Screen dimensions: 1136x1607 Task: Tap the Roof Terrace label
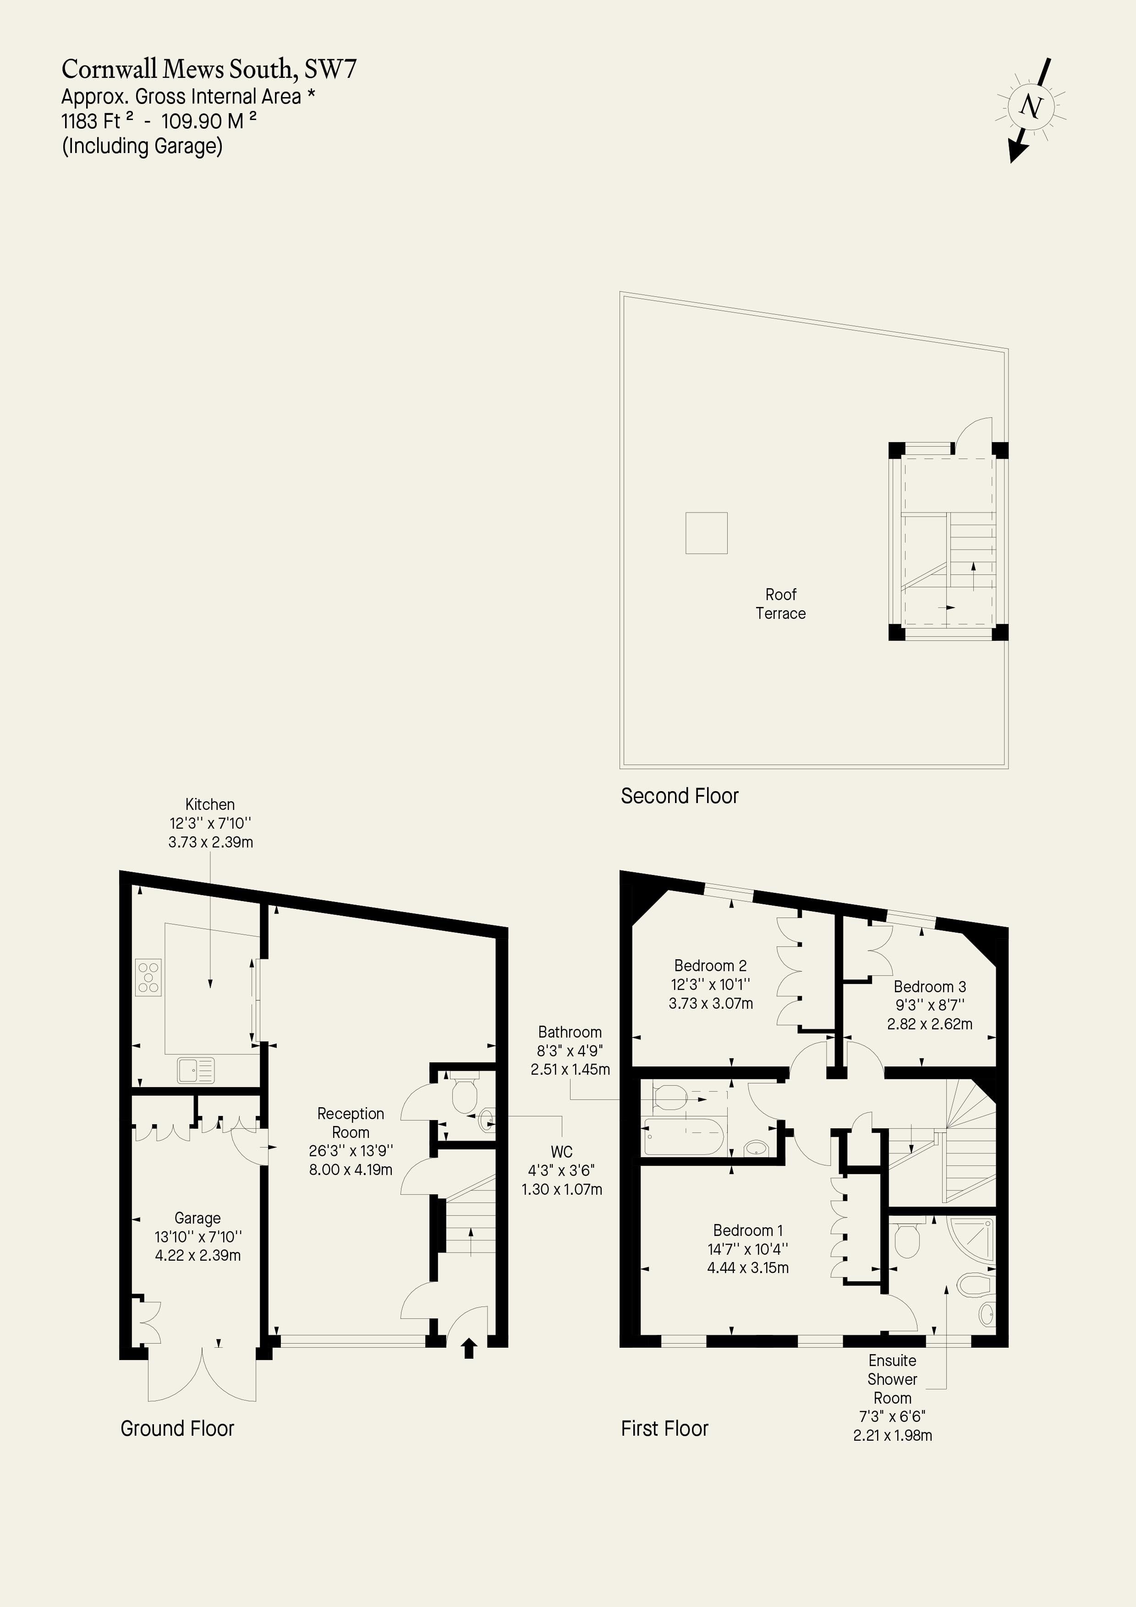pos(780,603)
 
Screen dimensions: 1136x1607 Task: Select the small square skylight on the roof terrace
pos(706,533)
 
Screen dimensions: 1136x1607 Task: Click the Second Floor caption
pos(680,796)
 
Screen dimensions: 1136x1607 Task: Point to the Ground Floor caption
pos(177,1428)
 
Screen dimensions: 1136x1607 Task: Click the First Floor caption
pos(664,1428)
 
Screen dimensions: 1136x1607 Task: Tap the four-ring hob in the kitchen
pos(148,977)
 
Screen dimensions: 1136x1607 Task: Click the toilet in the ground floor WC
pos(464,1094)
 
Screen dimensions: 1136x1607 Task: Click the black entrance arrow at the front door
pos(469,1347)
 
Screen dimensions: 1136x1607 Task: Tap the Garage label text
pos(198,1218)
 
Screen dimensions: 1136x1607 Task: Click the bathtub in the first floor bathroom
pos(684,1135)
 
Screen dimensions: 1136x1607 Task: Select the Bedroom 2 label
pos(710,966)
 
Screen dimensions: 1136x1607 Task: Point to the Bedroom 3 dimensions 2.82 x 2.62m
pos(929,1024)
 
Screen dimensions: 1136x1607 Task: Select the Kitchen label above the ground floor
pos(210,804)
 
